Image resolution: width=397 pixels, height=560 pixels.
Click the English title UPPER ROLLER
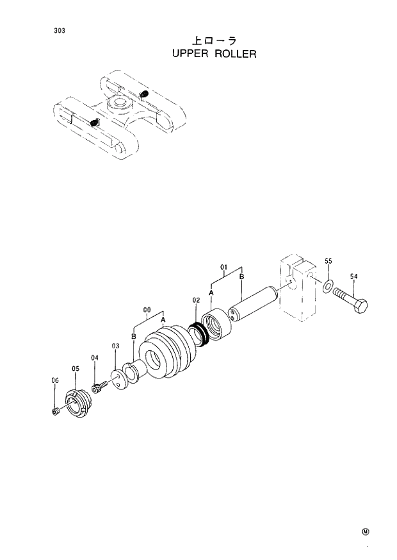click(x=215, y=54)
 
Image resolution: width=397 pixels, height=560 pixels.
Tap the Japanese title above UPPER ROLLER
click(x=215, y=40)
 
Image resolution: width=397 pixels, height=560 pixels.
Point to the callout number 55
click(x=328, y=262)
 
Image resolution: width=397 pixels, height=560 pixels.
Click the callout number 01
click(x=224, y=266)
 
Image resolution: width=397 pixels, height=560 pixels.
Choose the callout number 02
click(x=196, y=300)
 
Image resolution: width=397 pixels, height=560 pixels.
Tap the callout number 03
click(x=115, y=346)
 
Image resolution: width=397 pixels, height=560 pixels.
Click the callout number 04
click(x=94, y=358)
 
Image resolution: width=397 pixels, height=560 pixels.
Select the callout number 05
click(x=75, y=369)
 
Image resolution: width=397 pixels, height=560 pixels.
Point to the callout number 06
click(x=54, y=380)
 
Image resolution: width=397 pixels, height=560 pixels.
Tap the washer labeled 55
click(x=328, y=285)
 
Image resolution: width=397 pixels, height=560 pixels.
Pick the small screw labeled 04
click(x=98, y=387)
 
